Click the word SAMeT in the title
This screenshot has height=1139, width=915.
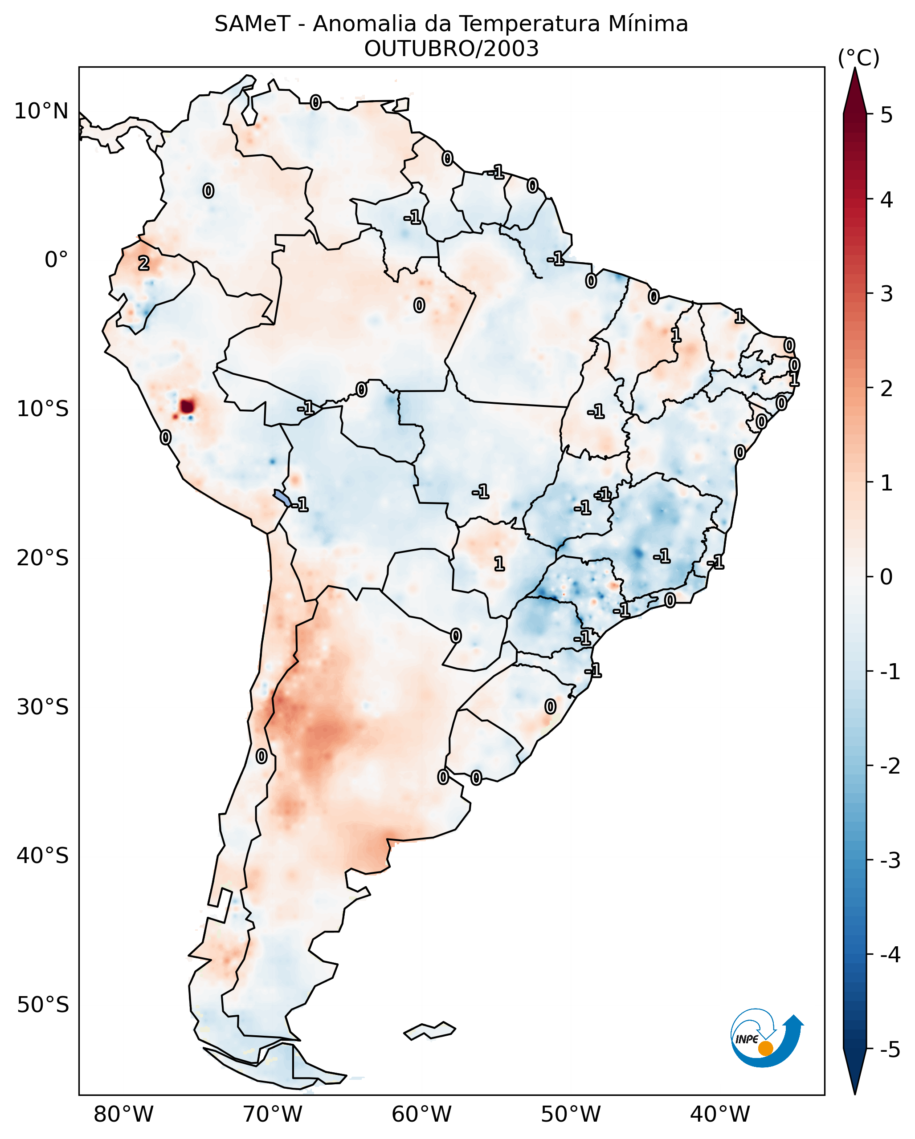pyautogui.click(x=252, y=24)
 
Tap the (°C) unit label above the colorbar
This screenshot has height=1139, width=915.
pyautogui.click(x=858, y=58)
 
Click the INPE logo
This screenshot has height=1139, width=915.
pyautogui.click(x=767, y=1038)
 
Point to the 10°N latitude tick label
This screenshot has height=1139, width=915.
pyautogui.click(x=41, y=111)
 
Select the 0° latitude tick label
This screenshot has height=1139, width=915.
pyautogui.click(x=56, y=260)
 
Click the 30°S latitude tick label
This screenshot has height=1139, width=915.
pyautogui.click(x=42, y=707)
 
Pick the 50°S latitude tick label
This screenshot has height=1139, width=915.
pyautogui.click(x=42, y=1005)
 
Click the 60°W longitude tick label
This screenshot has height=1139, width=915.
pyautogui.click(x=421, y=1114)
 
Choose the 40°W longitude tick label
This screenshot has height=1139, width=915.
pyautogui.click(x=719, y=1114)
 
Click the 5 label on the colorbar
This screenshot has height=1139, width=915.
pyautogui.click(x=886, y=115)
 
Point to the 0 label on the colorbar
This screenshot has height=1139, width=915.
pyautogui.click(x=886, y=576)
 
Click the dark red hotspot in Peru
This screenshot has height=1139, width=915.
pyautogui.click(x=187, y=406)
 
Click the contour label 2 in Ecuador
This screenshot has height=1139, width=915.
pyautogui.click(x=144, y=263)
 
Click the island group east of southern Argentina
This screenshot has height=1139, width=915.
pyautogui.click(x=429, y=1031)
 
